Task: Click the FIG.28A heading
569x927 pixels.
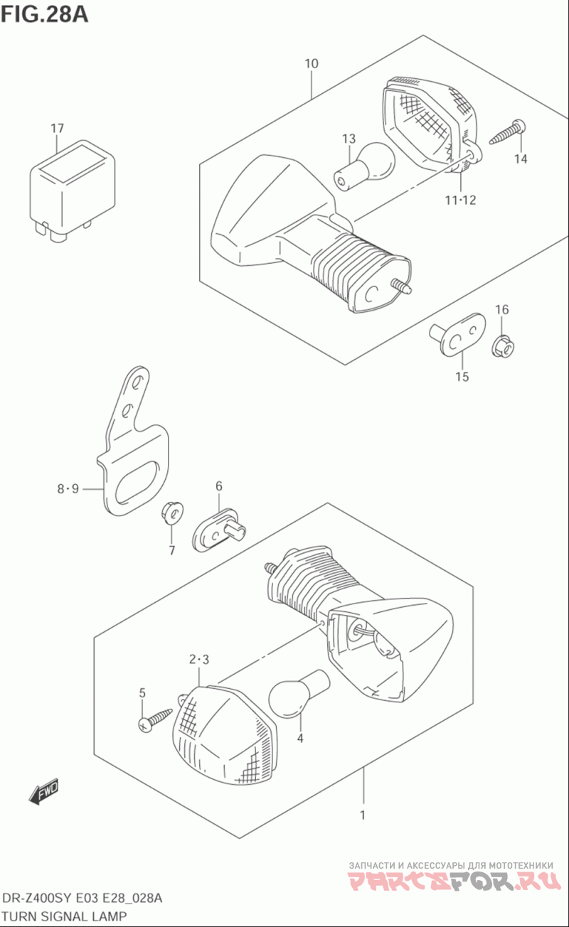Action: click(45, 15)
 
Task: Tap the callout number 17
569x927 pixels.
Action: click(58, 128)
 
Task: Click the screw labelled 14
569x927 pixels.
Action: click(508, 132)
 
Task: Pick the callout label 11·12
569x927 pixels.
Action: click(460, 200)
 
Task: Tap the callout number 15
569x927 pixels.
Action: click(462, 377)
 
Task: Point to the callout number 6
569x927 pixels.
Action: click(218, 486)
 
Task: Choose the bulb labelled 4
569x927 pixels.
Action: click(299, 693)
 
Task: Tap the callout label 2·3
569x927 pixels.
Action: click(199, 659)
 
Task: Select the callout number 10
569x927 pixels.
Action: click(312, 64)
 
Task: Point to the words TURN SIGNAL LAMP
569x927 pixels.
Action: click(64, 916)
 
